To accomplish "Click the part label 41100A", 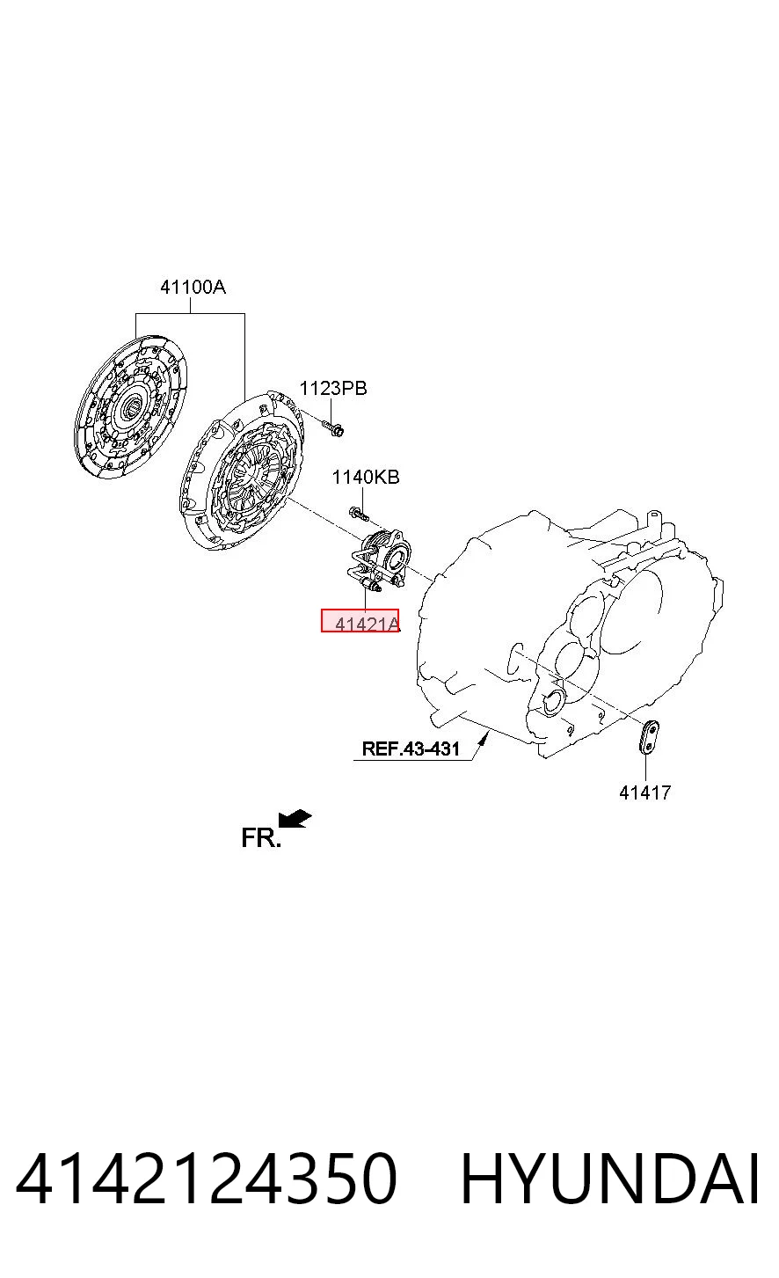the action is pyautogui.click(x=193, y=287).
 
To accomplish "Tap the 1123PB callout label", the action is pyautogui.click(x=333, y=388).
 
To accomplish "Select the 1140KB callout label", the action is pyautogui.click(x=366, y=477).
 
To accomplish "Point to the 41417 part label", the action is pyautogui.click(x=645, y=792).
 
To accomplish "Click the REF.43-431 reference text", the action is pyautogui.click(x=411, y=749).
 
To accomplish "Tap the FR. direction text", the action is pyautogui.click(x=261, y=837).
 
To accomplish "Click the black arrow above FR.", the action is pyautogui.click(x=295, y=818).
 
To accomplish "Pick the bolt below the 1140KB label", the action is pyautogui.click(x=358, y=515).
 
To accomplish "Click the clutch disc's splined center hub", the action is pyautogui.click(x=131, y=406).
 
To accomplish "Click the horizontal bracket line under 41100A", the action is pyautogui.click(x=191, y=313).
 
